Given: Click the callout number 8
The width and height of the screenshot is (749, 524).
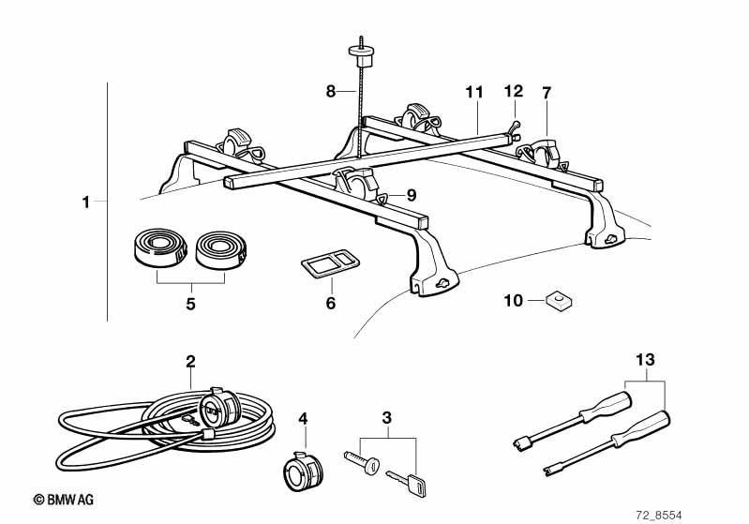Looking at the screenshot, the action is click(x=331, y=91).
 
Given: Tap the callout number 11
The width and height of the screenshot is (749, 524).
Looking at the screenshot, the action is click(x=474, y=92).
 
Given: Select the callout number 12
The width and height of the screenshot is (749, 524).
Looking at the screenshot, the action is click(x=514, y=91).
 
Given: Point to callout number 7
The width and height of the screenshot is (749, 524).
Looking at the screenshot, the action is click(x=547, y=93).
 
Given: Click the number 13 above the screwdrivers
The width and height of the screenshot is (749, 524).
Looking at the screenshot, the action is click(x=645, y=359).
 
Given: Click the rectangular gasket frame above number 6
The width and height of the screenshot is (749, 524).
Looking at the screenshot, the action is click(x=330, y=262).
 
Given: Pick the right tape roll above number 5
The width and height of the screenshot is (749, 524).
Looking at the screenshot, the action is click(x=220, y=250).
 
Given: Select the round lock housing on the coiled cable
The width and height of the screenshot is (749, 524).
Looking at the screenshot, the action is click(x=219, y=409).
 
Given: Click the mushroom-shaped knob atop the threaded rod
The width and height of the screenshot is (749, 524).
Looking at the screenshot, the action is click(x=361, y=56).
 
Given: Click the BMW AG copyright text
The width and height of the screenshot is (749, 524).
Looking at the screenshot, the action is click(x=64, y=500).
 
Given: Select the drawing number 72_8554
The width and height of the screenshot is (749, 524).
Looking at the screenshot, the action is click(x=659, y=516).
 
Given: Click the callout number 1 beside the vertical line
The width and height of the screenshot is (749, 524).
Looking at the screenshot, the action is click(x=85, y=202).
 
